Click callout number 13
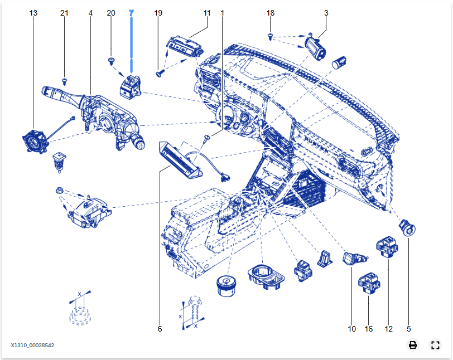[34, 13]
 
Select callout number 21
[64, 13]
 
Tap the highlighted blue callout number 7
[131, 13]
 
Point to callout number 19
[158, 13]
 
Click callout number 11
[207, 13]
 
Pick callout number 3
[326, 13]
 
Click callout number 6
[160, 329]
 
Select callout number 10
[351, 329]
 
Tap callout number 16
[369, 329]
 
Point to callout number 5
[409, 329]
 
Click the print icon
[413, 345]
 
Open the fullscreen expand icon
[435, 345]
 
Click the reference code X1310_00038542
[32, 346]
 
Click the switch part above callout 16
[369, 283]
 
